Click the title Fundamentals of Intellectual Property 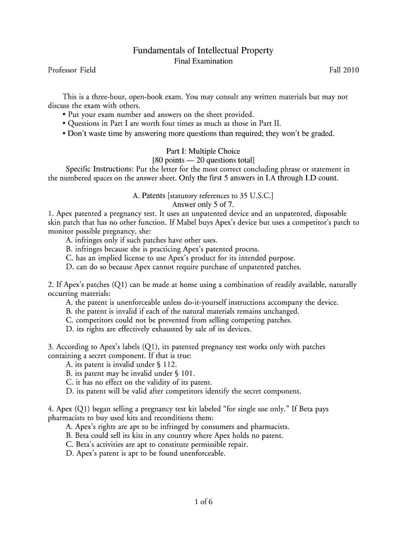click(x=203, y=51)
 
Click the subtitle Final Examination click(x=203, y=61)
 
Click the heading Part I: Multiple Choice click(x=203, y=151)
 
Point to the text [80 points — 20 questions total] click(x=203, y=160)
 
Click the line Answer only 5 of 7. click(x=203, y=204)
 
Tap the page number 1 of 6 click(x=203, y=502)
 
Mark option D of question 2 click(x=159, y=329)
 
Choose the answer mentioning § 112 click(x=122, y=365)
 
